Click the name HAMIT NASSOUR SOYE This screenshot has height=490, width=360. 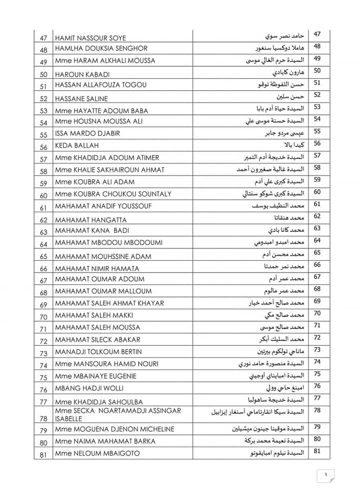(x=90, y=38)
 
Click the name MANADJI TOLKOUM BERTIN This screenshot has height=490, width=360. (x=98, y=352)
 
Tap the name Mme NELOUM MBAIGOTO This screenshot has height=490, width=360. (x=97, y=453)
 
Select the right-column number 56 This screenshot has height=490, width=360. (x=317, y=144)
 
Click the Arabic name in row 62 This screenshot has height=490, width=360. (x=284, y=218)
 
